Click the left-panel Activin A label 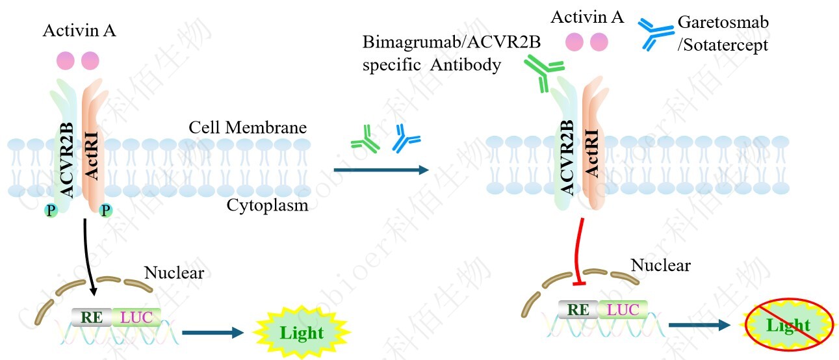click(x=79, y=31)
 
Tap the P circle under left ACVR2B click(x=51, y=210)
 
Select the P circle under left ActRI click(x=106, y=210)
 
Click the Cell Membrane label click(x=248, y=127)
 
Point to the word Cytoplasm click(x=267, y=205)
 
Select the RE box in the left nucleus click(x=92, y=316)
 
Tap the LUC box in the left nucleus click(x=136, y=316)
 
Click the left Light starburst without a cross click(x=301, y=333)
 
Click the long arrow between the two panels click(x=381, y=170)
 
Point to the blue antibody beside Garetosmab click(x=655, y=33)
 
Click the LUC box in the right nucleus click(x=622, y=310)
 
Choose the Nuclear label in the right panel click(x=661, y=265)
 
